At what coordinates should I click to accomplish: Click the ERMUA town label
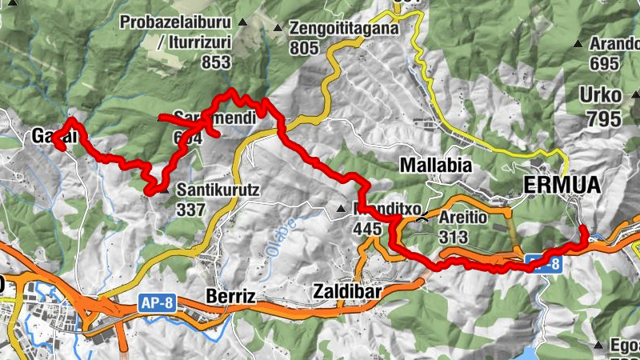click(x=562, y=186)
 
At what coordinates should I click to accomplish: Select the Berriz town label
click(x=230, y=297)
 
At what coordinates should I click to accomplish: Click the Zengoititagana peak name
click(x=344, y=29)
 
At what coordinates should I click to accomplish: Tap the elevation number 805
click(x=305, y=49)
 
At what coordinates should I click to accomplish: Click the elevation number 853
click(x=216, y=62)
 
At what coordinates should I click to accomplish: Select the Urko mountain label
click(x=600, y=97)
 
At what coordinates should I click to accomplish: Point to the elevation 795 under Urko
click(x=603, y=119)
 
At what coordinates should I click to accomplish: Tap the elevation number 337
click(x=192, y=210)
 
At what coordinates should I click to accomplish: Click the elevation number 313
click(x=453, y=237)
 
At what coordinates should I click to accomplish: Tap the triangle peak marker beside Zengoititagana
click(x=278, y=29)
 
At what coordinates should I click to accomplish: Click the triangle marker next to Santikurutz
click(x=164, y=191)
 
